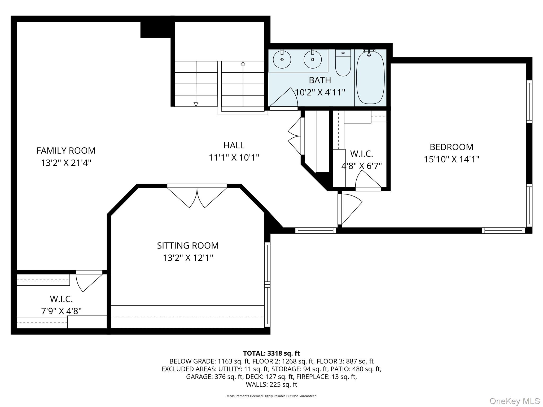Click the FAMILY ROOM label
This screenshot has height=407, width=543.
pos(66,151)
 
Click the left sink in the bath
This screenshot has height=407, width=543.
pos(282,60)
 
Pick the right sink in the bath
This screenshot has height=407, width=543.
pos(313,60)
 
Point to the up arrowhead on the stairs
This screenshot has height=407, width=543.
pos(243,63)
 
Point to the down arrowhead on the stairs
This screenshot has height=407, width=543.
pos(196,104)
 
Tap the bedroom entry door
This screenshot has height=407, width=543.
pos(350,209)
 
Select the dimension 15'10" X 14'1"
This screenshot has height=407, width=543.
pos(451,159)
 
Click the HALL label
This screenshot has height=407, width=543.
pos(234,145)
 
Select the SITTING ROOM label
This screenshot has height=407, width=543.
pos(188,246)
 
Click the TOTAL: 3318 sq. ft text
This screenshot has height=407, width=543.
pos(271,353)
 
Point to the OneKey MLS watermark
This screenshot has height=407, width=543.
pos(514,401)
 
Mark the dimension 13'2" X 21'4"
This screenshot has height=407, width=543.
pos(66,163)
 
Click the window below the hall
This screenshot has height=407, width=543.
pos(316,231)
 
